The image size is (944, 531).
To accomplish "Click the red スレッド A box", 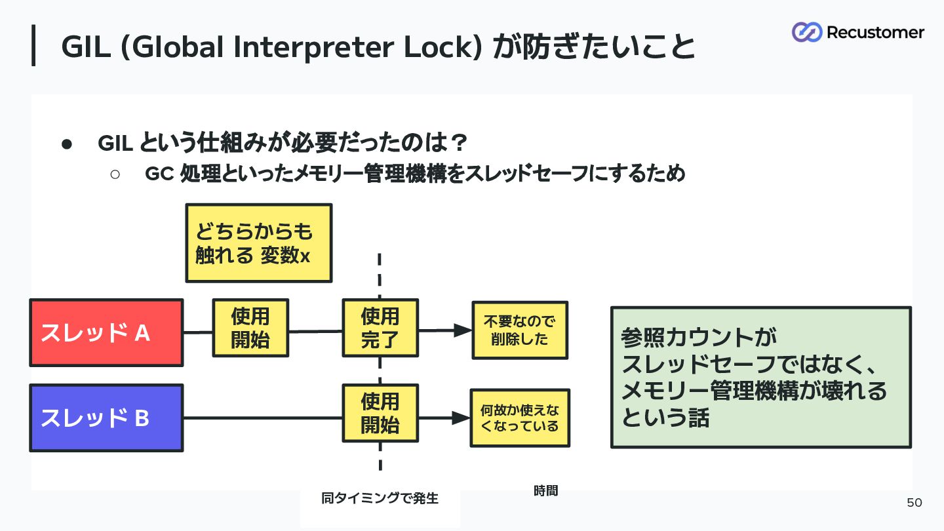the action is click(x=106, y=332).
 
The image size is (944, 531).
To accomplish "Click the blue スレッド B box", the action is click(x=106, y=418).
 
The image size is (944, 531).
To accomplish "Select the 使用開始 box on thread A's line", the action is click(x=250, y=328).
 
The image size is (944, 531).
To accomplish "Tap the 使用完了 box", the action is click(x=380, y=328).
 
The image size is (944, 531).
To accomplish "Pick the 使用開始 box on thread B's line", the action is click(x=380, y=413).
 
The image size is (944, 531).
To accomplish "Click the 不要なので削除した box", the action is click(x=520, y=330).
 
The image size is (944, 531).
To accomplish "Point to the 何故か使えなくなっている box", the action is click(x=520, y=418).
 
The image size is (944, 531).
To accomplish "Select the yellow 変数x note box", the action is click(x=259, y=243).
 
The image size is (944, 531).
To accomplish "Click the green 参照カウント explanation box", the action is click(x=760, y=377).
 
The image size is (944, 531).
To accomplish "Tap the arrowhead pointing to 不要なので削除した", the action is click(x=463, y=330).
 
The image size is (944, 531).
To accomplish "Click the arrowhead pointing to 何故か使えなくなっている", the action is click(x=461, y=418).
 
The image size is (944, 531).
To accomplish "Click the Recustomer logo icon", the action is click(x=806, y=32).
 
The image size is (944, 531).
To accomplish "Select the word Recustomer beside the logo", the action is click(x=875, y=33).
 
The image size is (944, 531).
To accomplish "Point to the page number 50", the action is click(x=914, y=502).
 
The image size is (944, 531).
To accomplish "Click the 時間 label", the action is click(x=545, y=490).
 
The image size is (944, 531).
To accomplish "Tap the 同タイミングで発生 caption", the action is click(x=380, y=498).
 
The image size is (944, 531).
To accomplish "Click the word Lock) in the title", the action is click(x=442, y=47).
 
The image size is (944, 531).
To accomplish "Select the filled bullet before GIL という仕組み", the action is click(x=67, y=144).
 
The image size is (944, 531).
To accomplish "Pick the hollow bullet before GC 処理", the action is click(x=115, y=174).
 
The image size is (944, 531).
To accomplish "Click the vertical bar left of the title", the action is click(x=33, y=45).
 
